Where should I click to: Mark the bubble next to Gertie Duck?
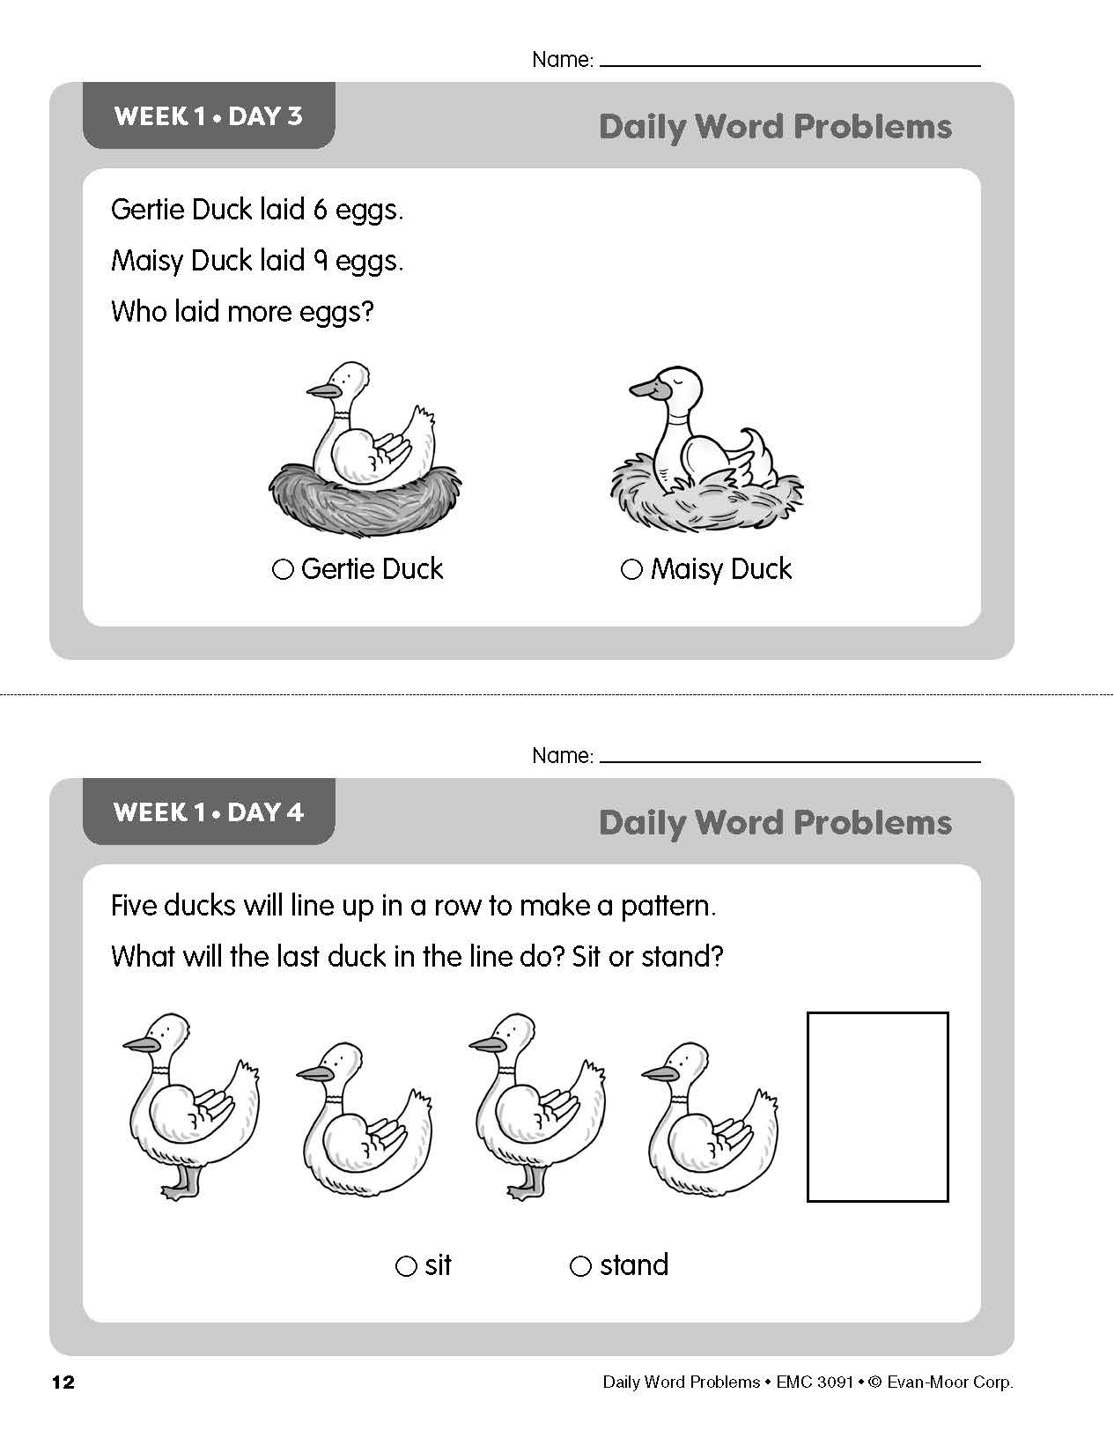tap(283, 570)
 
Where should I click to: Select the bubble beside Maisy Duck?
tap(631, 570)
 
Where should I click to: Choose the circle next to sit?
tap(406, 1266)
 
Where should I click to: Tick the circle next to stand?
tap(580, 1266)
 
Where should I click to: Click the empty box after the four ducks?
tap(877, 1107)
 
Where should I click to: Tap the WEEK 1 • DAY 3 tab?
tap(209, 116)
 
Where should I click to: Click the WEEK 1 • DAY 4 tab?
tap(209, 812)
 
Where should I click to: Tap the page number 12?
tap(63, 1382)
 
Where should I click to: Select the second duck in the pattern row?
tap(363, 1119)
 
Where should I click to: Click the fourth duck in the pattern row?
tap(709, 1119)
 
